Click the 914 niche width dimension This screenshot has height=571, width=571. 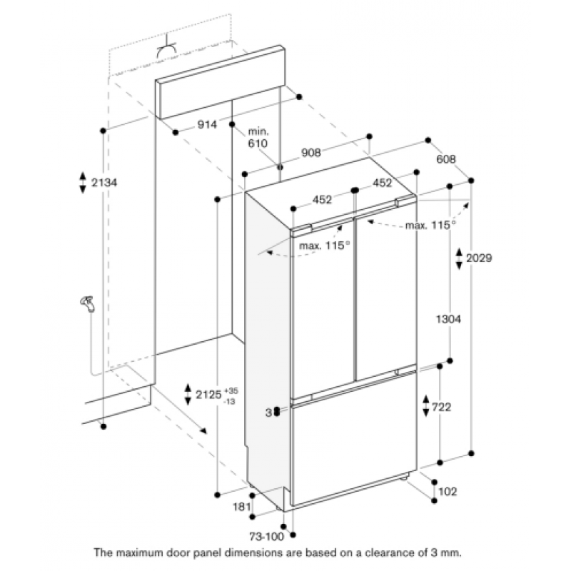(207, 124)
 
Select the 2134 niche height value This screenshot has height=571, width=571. (104, 182)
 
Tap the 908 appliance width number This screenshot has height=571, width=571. (311, 153)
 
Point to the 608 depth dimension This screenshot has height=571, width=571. (445, 159)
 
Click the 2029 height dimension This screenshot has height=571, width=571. (479, 258)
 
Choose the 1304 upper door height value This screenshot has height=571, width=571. (448, 319)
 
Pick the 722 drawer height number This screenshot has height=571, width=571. (441, 407)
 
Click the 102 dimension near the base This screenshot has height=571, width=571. (448, 492)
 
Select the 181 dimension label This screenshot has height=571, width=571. (242, 507)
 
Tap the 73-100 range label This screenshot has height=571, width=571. (266, 536)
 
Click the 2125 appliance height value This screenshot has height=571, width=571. (208, 395)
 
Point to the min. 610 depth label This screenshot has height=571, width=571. (258, 137)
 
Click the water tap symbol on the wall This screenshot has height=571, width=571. (88, 304)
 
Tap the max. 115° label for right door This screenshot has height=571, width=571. (430, 225)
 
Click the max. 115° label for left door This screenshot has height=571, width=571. (324, 246)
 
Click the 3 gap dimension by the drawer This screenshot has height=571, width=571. (269, 413)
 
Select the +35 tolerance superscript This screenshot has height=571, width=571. (231, 391)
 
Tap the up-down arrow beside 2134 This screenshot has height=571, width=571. (83, 182)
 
